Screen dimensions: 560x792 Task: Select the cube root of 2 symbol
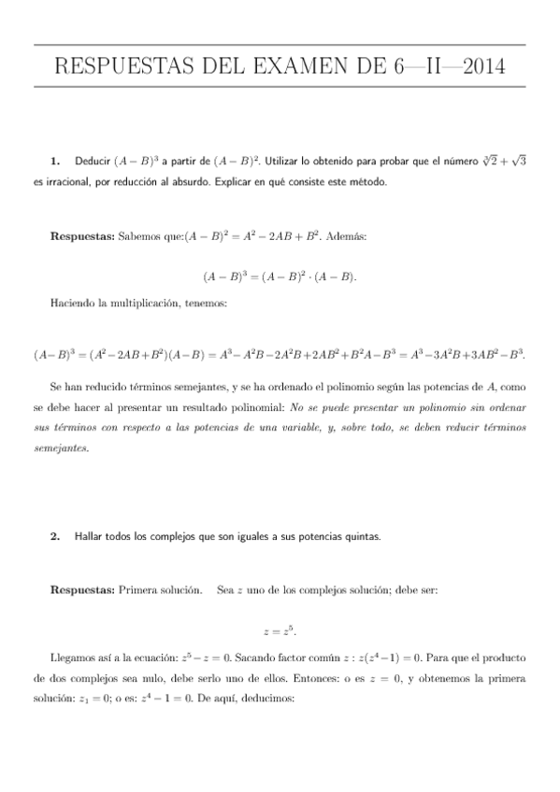tap(483, 161)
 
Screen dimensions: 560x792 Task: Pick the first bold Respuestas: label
tap(83, 236)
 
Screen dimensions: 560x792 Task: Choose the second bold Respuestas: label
tap(83, 590)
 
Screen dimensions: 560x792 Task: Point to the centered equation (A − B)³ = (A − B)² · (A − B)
tap(280, 276)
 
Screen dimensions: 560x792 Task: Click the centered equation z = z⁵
tap(280, 631)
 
